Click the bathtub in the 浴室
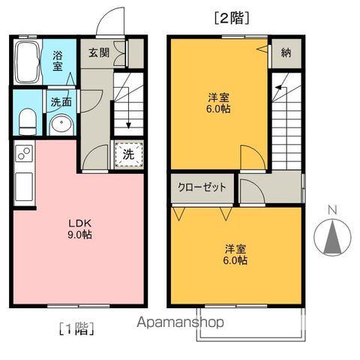tap(28, 62)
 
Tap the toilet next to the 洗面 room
tap(26, 121)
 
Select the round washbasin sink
tap(59, 123)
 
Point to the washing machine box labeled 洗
tap(128, 154)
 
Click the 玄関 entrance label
tap(97, 52)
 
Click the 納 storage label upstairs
tap(285, 52)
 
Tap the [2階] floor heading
tap(231, 16)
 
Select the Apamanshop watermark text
tap(178, 323)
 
